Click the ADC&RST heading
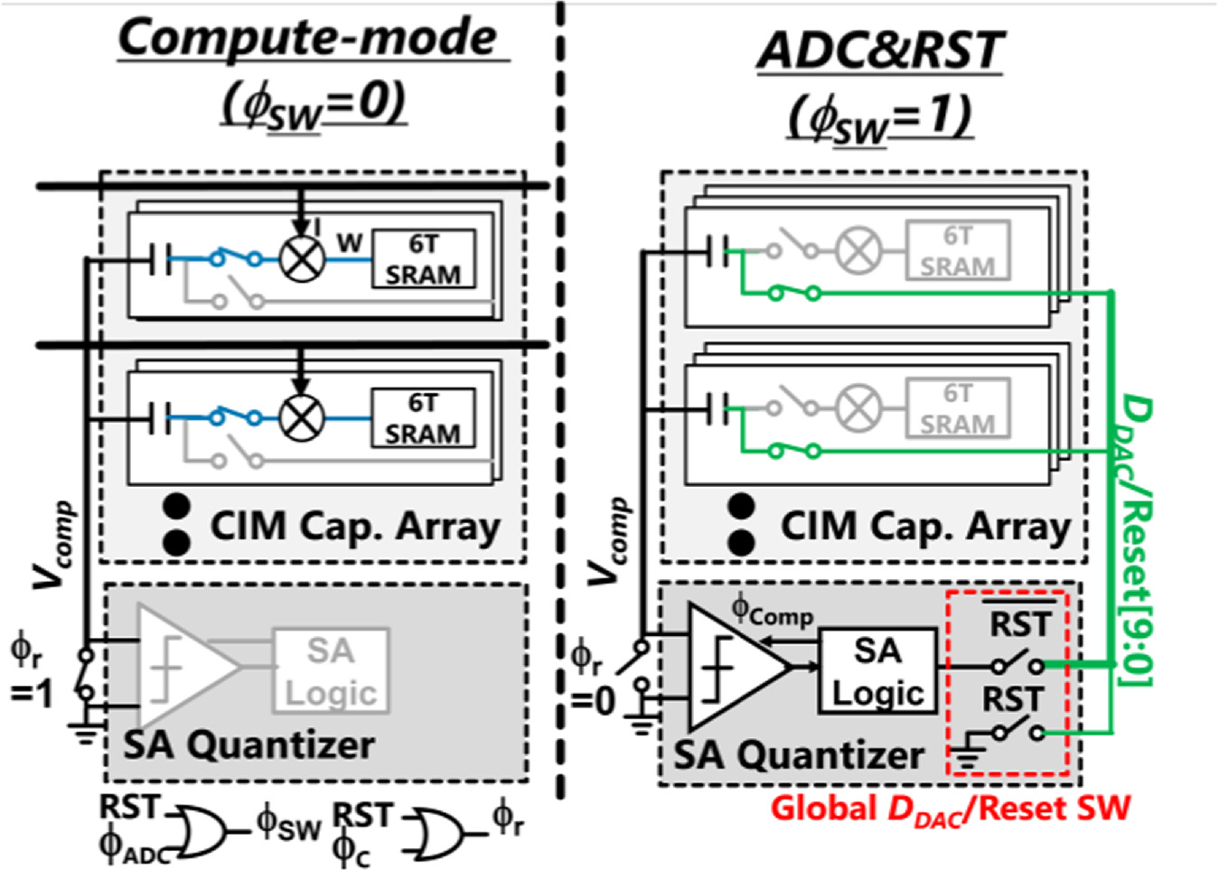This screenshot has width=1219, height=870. point(880,50)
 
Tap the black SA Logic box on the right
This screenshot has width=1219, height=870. point(877,670)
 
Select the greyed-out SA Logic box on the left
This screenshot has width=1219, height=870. point(331,670)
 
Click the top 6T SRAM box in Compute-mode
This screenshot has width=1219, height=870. point(423,259)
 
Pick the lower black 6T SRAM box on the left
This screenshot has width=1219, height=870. point(423,417)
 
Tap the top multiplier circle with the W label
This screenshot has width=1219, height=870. point(302,259)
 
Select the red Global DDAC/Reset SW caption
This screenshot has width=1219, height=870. point(950,808)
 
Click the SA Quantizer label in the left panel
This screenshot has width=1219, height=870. point(249,745)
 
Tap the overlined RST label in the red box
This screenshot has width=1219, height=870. point(1020,622)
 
